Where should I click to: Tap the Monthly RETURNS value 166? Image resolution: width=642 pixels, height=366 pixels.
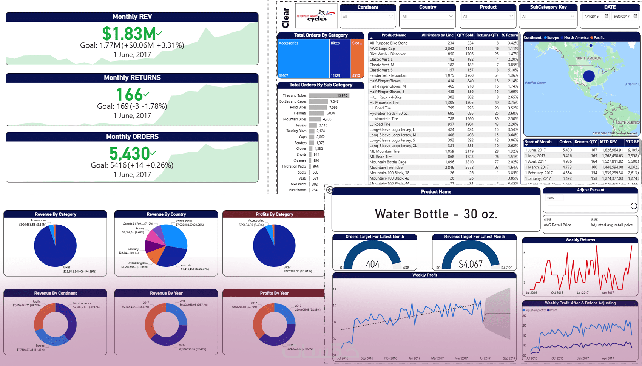(x=129, y=94)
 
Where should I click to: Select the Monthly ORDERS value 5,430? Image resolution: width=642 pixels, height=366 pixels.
(x=130, y=154)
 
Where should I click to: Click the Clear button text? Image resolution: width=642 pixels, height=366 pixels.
(x=286, y=18)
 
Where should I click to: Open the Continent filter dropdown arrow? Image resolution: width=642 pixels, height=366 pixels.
(x=391, y=17)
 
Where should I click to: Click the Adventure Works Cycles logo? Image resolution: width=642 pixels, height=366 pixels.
(x=316, y=16)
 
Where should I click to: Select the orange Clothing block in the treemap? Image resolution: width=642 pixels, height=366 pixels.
(x=357, y=58)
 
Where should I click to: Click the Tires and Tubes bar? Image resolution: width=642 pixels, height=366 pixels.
(x=329, y=95)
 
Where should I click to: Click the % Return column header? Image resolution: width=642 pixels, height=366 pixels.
(x=509, y=35)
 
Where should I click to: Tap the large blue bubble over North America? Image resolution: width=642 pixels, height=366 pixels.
(x=589, y=76)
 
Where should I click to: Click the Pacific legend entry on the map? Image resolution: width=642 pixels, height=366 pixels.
(x=599, y=38)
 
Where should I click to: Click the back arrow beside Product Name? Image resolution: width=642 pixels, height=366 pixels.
(x=330, y=190)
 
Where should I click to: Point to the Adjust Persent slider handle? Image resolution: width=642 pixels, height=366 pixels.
(x=634, y=206)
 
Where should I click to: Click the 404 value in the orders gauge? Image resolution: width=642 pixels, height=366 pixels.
(x=372, y=264)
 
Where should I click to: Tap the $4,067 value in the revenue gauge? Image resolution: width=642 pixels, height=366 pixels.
(x=471, y=264)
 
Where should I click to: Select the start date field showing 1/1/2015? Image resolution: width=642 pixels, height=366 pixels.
(x=592, y=17)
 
